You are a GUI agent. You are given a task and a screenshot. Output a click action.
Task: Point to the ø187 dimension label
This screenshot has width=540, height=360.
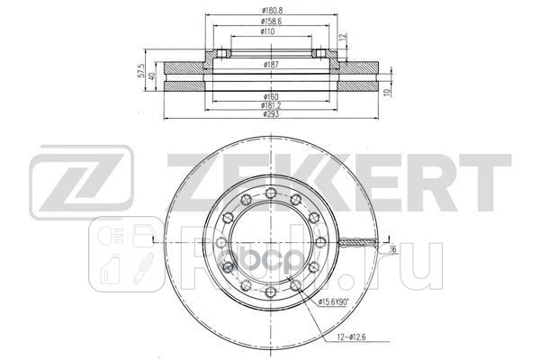pos(269,65)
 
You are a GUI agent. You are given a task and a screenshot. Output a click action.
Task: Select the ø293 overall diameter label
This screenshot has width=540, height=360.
pos(269,115)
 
